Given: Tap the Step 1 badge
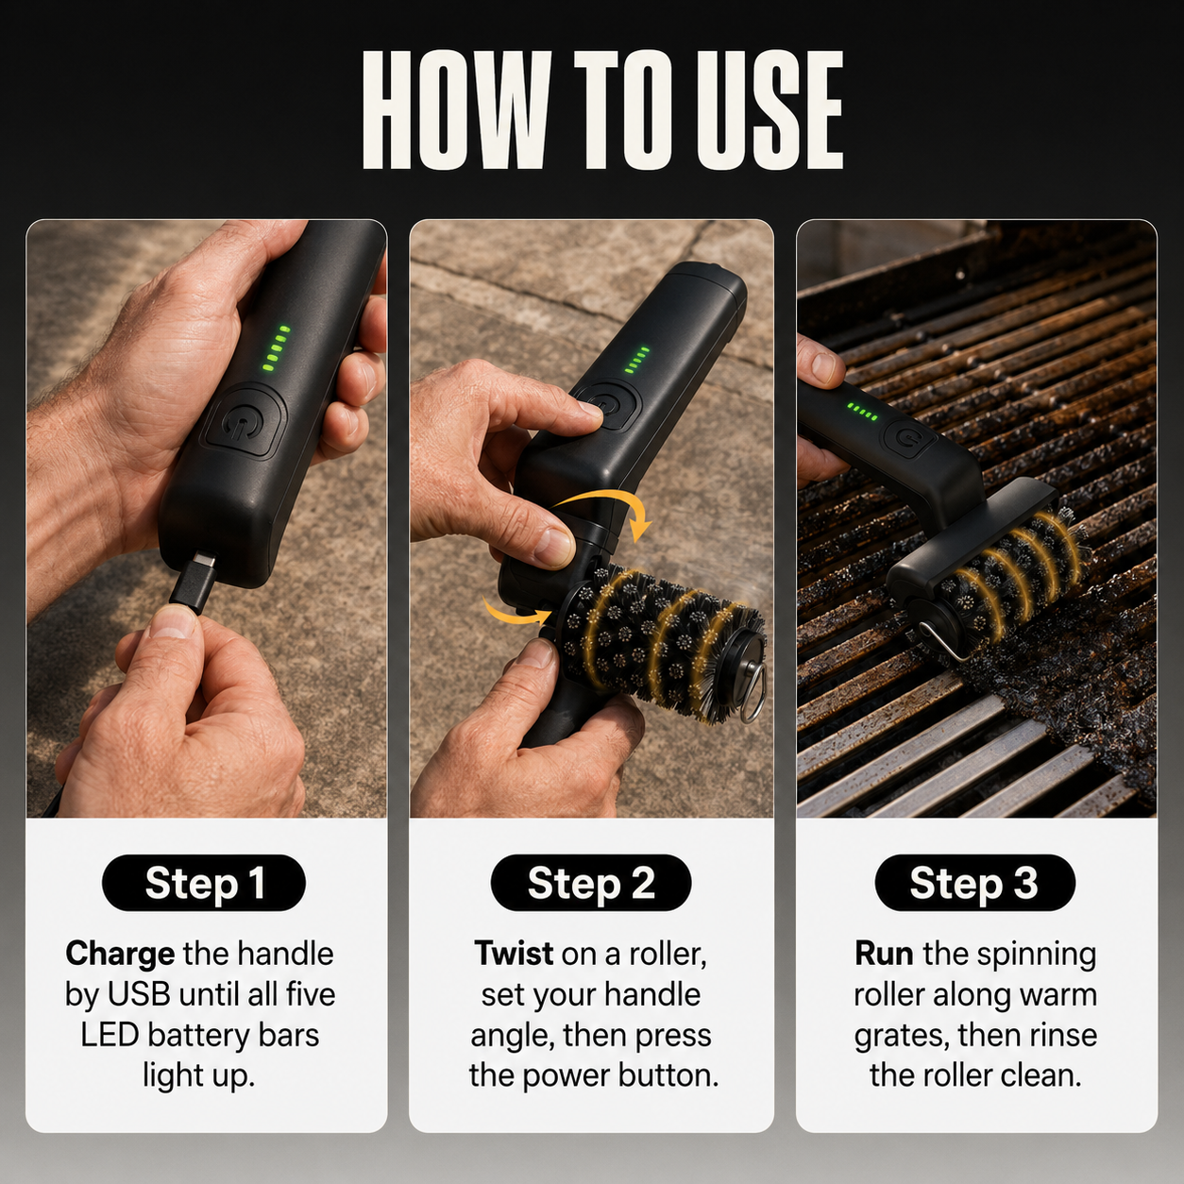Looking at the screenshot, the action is (x=204, y=883).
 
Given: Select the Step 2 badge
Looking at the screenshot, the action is (x=591, y=883).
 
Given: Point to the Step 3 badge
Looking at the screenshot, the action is (x=975, y=883).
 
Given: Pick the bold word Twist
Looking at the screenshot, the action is (x=514, y=954).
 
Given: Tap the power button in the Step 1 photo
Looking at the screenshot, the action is (x=244, y=421).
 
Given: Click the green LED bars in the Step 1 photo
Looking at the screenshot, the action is (x=276, y=347).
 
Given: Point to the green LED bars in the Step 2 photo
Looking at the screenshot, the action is (x=637, y=360).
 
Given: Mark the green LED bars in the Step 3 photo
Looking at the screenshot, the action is (x=861, y=411).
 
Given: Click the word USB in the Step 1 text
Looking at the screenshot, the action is (x=138, y=995).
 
